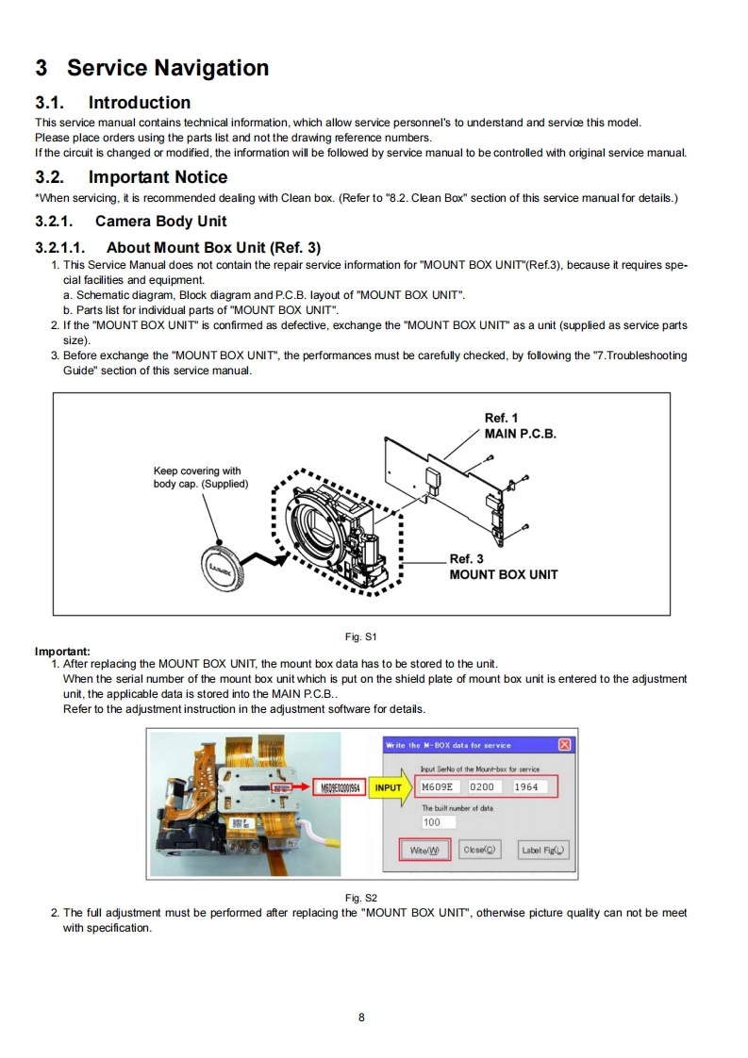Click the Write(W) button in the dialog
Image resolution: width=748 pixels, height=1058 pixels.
[x=424, y=850]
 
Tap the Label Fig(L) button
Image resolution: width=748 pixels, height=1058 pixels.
[x=544, y=850]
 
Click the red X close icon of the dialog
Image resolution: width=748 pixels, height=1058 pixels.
[x=564, y=745]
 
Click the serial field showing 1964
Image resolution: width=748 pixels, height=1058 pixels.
[x=533, y=786]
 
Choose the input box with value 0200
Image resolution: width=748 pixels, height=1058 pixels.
[x=487, y=786]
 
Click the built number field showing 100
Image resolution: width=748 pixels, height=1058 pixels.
[x=433, y=822]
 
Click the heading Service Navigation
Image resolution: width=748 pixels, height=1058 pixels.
[x=167, y=68]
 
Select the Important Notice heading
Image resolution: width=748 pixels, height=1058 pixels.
[x=158, y=177]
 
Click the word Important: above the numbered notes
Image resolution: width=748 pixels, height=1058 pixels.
[x=62, y=651]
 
